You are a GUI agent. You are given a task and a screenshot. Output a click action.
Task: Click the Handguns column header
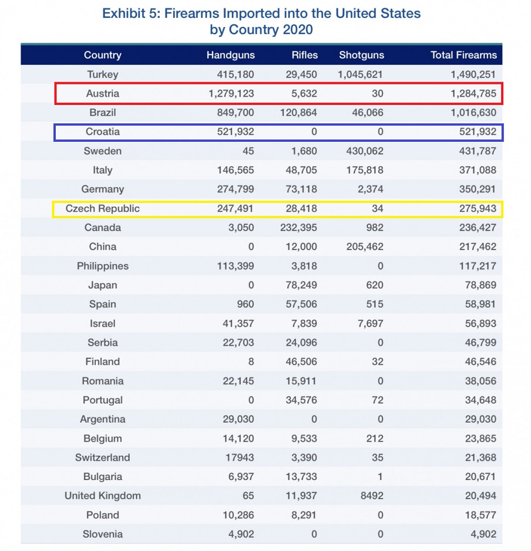[x=231, y=55]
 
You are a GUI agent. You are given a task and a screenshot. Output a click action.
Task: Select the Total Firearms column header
[x=463, y=55]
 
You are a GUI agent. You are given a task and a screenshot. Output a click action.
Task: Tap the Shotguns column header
[x=361, y=55]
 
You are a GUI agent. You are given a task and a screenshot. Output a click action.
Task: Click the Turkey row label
[x=102, y=75]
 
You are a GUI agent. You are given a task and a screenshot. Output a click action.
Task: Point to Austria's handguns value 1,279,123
[x=231, y=94]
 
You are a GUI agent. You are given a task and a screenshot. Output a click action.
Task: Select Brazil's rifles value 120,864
[x=301, y=113]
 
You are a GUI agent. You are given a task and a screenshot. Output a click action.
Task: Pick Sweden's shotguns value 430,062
[x=361, y=151]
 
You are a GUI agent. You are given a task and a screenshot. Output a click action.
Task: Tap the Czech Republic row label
[x=102, y=208]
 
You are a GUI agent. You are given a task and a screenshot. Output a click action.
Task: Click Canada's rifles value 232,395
[x=301, y=228]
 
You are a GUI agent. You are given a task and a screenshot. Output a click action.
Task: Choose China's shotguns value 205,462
[x=361, y=247]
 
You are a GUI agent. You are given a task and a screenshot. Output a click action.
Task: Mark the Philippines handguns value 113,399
[x=234, y=266]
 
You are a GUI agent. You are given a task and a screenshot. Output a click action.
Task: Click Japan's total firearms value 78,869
[x=479, y=285]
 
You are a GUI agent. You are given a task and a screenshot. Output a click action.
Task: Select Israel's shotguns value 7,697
[x=370, y=324]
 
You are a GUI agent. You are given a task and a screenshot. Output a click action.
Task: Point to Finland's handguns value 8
[x=251, y=362]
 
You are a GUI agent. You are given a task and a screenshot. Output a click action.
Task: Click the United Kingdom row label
[x=102, y=496]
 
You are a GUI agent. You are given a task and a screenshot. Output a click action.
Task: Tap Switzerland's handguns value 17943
[x=239, y=457]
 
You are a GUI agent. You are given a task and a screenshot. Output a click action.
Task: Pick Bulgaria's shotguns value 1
[x=380, y=477]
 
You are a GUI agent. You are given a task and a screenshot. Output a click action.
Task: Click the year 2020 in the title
[x=297, y=29]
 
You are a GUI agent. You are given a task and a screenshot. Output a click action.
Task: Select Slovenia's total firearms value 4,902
[x=482, y=534]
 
